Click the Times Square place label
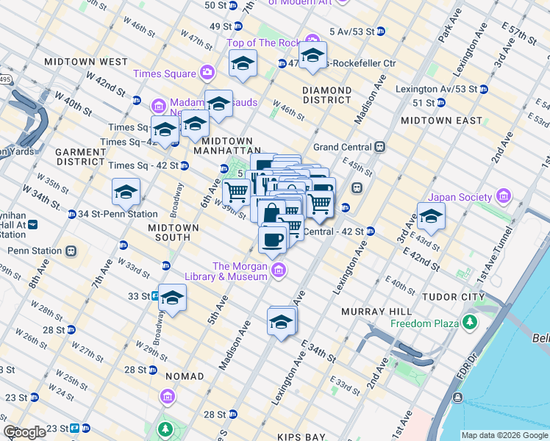click(x=165, y=73)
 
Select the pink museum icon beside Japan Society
click(x=504, y=196)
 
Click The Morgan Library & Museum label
click(x=239, y=271)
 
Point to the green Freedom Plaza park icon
click(x=468, y=323)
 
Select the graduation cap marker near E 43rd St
click(x=431, y=217)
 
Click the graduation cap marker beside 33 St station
click(x=172, y=298)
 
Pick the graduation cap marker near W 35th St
click(x=126, y=193)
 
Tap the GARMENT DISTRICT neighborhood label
click(x=80, y=157)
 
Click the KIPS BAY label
click(x=301, y=437)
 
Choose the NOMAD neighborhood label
click(x=185, y=376)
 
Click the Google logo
click(x=25, y=432)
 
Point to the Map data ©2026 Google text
click(x=504, y=435)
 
